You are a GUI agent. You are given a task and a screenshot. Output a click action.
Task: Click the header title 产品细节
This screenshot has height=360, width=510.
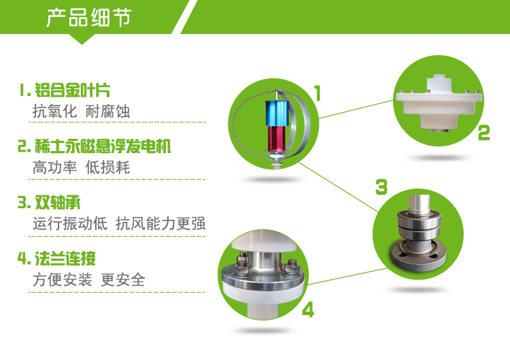89,17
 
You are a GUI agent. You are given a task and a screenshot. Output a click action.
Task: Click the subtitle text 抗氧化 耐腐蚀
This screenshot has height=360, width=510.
81,112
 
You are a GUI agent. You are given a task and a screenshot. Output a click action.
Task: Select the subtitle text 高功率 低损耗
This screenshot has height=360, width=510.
81,167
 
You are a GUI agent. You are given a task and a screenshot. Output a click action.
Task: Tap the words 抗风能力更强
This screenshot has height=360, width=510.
160,224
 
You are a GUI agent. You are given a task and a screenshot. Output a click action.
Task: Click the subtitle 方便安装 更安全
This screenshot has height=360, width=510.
88,280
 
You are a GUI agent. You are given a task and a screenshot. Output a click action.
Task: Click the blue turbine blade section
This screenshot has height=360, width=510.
277,113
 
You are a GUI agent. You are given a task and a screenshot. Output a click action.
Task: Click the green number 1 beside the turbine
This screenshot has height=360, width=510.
318,93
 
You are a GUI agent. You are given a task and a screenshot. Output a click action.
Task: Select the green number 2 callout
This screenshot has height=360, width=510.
483,133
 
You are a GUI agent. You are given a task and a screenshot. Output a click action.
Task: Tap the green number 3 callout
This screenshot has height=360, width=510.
381,187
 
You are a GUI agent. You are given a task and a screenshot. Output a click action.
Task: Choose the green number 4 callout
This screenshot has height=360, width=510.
308,310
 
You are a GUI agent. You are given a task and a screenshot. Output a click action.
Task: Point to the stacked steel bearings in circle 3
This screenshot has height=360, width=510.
420,225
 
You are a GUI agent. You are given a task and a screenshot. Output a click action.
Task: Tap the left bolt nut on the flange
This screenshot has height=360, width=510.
241,264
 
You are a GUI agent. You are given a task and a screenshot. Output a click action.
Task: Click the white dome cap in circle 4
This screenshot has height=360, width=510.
264,242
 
